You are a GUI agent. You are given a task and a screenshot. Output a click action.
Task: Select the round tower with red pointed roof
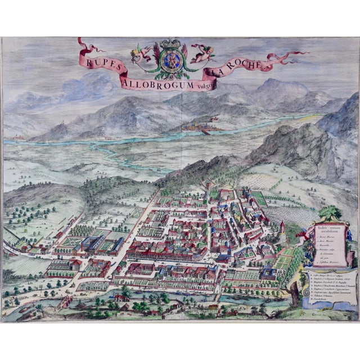(x=281, y=228)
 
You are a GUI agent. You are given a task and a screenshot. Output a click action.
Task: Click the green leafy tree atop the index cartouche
(x=330, y=213)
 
